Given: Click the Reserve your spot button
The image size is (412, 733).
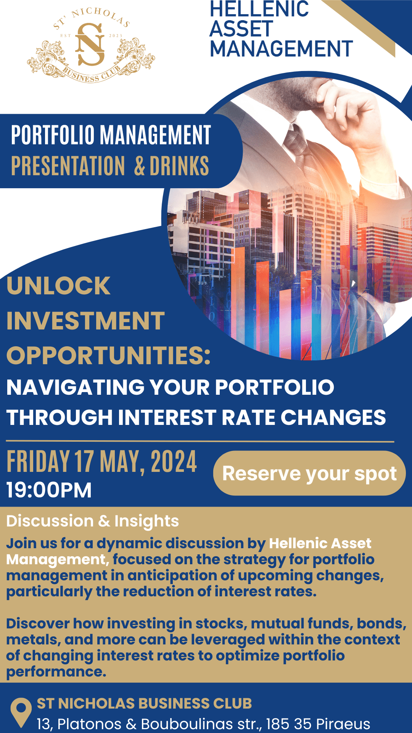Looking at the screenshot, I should click(309, 473).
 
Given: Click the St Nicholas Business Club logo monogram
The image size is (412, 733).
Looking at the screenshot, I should click(90, 44).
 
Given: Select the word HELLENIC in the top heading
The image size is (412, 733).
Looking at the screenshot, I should click(259, 9).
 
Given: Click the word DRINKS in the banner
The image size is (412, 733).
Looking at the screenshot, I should click(179, 166).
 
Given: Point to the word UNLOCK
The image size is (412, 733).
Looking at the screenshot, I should click(58, 286).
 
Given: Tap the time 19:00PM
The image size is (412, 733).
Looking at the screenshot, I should click(49, 490).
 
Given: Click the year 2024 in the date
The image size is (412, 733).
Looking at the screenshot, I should click(174, 462).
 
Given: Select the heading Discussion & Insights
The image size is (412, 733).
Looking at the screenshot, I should click(92, 521).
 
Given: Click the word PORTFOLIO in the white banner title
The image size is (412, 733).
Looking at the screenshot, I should click(53, 135).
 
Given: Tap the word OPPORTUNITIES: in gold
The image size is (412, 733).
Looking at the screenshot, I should click(108, 355).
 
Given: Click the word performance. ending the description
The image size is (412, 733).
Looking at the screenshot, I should click(56, 672).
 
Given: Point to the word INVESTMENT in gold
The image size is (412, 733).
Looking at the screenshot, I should click(85, 320).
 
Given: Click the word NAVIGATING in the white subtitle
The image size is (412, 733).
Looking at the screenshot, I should click(76, 387).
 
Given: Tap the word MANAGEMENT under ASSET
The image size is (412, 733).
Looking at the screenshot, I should click(281, 49).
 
